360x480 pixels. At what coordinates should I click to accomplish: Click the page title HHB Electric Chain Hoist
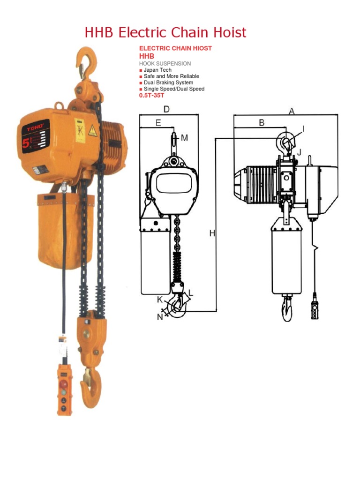coord(165,33)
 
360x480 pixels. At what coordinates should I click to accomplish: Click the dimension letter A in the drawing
coord(292,111)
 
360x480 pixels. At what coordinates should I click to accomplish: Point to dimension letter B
coord(262,123)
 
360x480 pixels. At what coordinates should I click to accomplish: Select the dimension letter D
coord(166,109)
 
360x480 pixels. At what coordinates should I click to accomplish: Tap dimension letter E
coord(158,123)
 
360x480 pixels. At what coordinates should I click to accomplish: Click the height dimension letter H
coord(212,233)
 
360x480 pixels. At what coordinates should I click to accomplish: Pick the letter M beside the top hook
coord(184,138)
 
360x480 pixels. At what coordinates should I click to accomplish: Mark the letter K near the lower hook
coord(160,299)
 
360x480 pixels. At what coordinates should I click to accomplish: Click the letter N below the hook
coord(160,317)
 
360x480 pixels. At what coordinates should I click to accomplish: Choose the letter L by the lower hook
coord(190,293)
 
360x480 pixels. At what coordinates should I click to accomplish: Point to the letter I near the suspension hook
coord(303,128)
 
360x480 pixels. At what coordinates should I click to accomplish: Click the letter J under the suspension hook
coord(300,151)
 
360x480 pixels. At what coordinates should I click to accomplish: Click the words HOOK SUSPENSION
coord(165,63)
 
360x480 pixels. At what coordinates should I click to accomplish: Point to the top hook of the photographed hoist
coord(88,61)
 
